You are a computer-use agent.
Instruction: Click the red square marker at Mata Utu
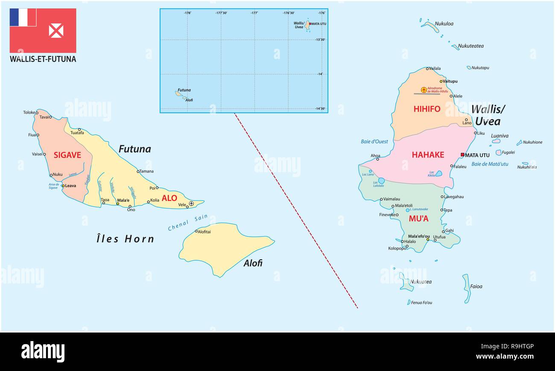tap(462, 155)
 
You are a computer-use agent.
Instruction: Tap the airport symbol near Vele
tap(191, 203)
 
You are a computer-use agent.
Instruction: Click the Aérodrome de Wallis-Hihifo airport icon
tap(424, 90)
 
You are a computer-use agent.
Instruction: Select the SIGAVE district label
tap(67, 155)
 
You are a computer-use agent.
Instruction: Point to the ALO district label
tap(169, 198)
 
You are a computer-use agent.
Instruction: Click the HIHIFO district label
tap(426, 109)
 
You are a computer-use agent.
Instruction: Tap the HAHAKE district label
tap(428, 155)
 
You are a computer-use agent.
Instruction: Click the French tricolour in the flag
tap(23, 18)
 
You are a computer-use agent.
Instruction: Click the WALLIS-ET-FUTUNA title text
tap(43, 59)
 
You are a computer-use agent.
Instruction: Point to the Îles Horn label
tap(125, 239)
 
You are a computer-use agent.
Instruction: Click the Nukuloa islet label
tap(444, 24)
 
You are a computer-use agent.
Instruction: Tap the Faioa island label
tap(476, 286)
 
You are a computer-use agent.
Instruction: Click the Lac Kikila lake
tap(438, 174)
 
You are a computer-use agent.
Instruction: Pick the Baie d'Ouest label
tap(374, 141)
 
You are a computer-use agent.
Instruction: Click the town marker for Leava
tap(63, 186)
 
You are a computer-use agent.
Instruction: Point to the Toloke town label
tap(29, 112)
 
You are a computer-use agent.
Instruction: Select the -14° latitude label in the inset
tap(320, 74)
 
